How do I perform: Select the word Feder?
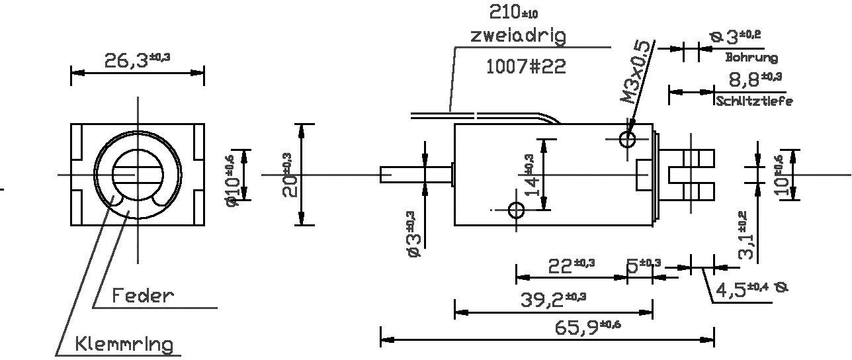[143, 295]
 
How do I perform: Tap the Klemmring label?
[124, 344]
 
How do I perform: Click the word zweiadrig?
[518, 35]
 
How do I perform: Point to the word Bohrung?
[751, 58]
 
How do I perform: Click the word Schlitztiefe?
[754, 101]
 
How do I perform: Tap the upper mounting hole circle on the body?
[627, 139]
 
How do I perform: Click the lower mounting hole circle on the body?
[516, 210]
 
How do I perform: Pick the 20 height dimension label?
[290, 175]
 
